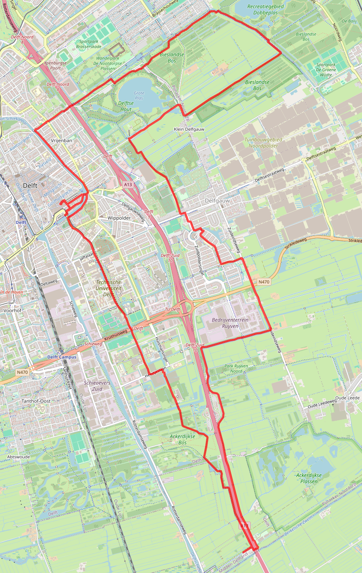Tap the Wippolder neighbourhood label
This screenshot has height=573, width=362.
pyautogui.click(x=119, y=218)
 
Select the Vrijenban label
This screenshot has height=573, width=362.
pyautogui.click(x=61, y=140)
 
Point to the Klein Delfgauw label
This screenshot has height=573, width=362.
pyautogui.click(x=189, y=129)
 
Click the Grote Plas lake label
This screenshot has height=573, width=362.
pyautogui.click(x=139, y=95)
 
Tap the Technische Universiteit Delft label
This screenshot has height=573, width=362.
pyautogui.click(x=108, y=288)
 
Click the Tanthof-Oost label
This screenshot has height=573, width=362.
pyautogui.click(x=36, y=401)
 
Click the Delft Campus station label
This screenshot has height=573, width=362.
pyautogui.click(x=62, y=357)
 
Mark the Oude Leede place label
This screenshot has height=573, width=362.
pyautogui.click(x=347, y=397)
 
